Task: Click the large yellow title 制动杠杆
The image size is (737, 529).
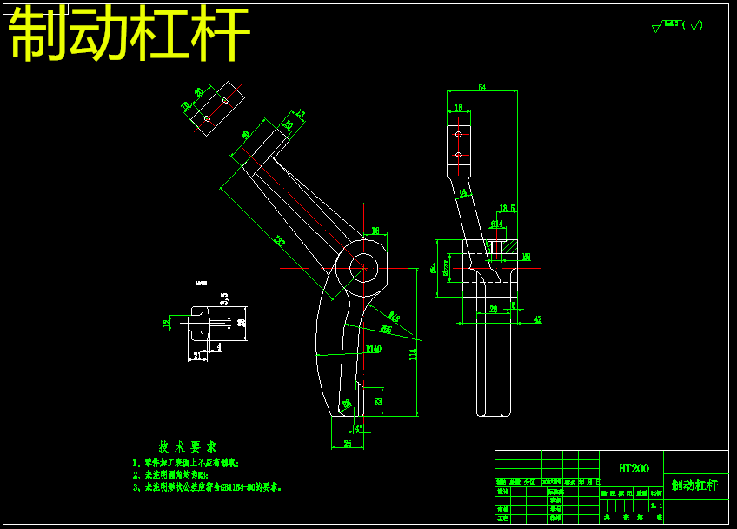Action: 129,35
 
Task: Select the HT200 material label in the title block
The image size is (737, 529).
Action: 633,468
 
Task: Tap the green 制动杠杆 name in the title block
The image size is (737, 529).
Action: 694,485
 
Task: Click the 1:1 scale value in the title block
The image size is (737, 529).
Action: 655,505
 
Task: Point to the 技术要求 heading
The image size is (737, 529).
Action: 188,446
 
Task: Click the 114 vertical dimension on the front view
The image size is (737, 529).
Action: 413,354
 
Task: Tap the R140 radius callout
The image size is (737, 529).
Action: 373,349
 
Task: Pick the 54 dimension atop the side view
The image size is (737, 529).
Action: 481,87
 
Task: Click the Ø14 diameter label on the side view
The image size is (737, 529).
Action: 496,224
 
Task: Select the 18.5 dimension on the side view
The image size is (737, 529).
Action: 507,208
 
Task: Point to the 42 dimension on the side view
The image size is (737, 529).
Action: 537,320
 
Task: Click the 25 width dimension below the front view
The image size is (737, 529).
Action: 348,444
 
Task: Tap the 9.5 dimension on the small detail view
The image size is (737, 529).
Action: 223,298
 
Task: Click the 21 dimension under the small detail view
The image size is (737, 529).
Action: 197,356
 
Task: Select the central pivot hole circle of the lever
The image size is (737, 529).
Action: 363,266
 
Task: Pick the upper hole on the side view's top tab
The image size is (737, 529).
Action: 458,134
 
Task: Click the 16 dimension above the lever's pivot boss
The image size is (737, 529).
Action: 375,231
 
